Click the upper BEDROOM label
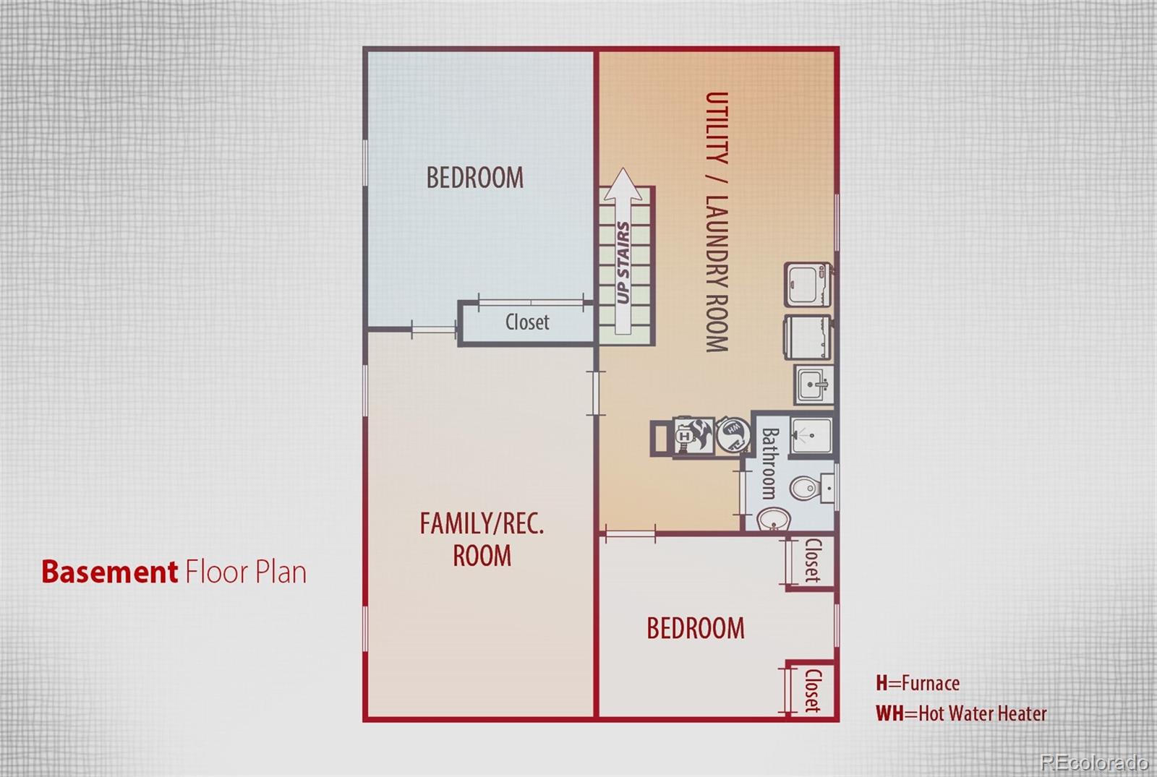474,178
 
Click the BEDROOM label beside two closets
695,628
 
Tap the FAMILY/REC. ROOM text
482,539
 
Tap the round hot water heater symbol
733,432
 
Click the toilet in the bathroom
805,489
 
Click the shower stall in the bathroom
811,436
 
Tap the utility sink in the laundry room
814,384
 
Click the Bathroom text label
769,463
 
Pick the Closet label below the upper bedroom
527,322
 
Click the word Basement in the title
109,572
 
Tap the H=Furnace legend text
918,683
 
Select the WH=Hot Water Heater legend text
961,713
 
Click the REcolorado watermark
1093,762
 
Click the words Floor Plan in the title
246,572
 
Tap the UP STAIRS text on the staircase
623,262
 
